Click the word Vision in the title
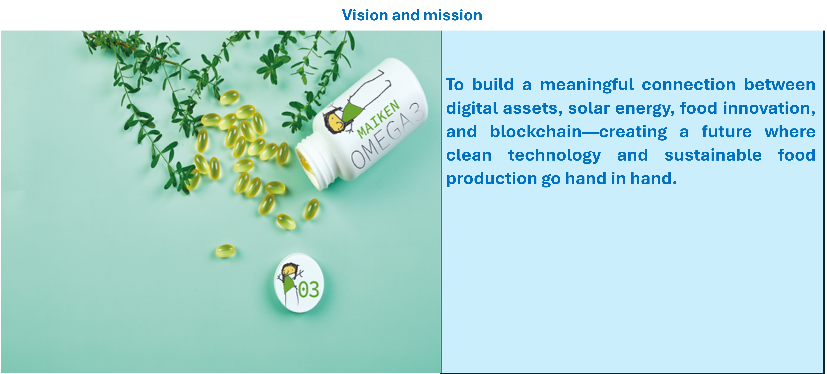point(365,15)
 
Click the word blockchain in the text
point(535,132)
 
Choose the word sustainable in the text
point(713,155)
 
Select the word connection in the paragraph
point(689,85)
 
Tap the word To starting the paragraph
point(455,85)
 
